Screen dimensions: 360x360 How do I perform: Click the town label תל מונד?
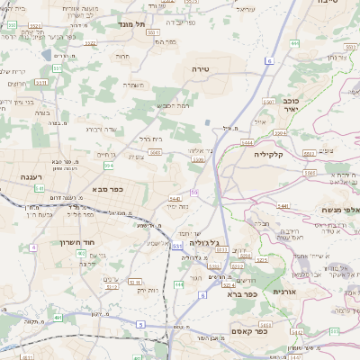click(x=131, y=25)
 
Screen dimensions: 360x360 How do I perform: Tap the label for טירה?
click(x=200, y=68)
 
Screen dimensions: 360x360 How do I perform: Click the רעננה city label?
click(x=33, y=177)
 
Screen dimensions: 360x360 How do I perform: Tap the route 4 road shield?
click(x=32, y=247)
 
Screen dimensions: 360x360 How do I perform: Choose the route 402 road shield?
click(x=82, y=254)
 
